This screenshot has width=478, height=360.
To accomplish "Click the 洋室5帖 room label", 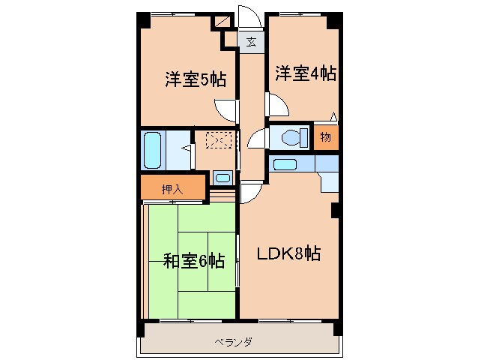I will (x=196, y=79).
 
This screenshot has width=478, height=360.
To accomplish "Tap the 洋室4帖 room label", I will (x=304, y=73).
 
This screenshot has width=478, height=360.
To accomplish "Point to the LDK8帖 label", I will (x=290, y=253).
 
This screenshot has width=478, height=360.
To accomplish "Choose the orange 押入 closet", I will (x=172, y=189).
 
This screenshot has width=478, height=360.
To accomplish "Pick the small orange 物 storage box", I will (x=326, y=136).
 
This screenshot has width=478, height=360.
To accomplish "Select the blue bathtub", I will (x=153, y=150).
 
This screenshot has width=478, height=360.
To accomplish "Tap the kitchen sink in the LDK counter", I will (x=284, y=163).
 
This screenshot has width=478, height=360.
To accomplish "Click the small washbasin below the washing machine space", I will (x=222, y=178).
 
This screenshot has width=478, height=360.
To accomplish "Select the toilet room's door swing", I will (x=257, y=139).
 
